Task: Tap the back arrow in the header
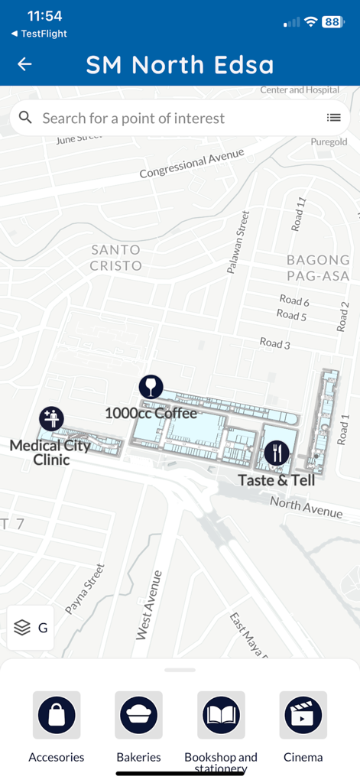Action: (24, 64)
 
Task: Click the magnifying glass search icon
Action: (25, 118)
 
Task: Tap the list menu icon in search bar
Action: (333, 118)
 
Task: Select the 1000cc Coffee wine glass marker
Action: (151, 387)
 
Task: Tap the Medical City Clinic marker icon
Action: (51, 418)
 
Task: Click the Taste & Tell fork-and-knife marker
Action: (276, 453)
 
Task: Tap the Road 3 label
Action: (274, 344)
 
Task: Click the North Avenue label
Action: (306, 506)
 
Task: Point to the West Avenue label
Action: (148, 604)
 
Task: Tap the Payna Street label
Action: (84, 589)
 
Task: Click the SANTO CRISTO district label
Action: (115, 258)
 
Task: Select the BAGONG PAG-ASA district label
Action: (318, 267)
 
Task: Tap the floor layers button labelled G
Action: (31, 628)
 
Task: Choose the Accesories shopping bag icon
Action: (57, 716)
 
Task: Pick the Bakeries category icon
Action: (138, 716)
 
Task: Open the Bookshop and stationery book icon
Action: (221, 716)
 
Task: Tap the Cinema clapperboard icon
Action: (303, 716)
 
